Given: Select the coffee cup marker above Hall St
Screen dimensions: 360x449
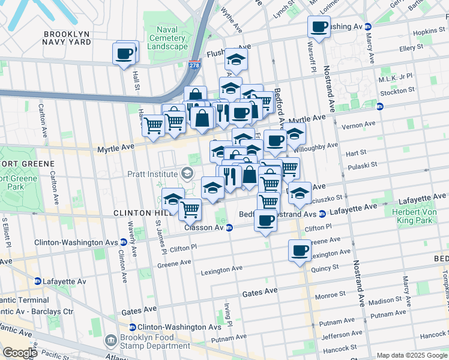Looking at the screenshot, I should point(124,54).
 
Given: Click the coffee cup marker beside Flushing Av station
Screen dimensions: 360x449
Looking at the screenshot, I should point(319,26).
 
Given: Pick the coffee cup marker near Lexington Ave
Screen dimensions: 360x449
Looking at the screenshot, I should point(300,251).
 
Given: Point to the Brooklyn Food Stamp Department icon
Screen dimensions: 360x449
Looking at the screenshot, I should point(110,341).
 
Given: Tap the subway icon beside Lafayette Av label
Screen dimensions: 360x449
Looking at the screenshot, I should point(37,281).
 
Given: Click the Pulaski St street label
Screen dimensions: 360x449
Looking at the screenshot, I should point(361,164).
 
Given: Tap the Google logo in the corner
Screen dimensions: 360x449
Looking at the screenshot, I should point(19,353).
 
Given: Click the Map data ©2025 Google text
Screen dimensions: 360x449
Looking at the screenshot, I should point(411,355).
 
